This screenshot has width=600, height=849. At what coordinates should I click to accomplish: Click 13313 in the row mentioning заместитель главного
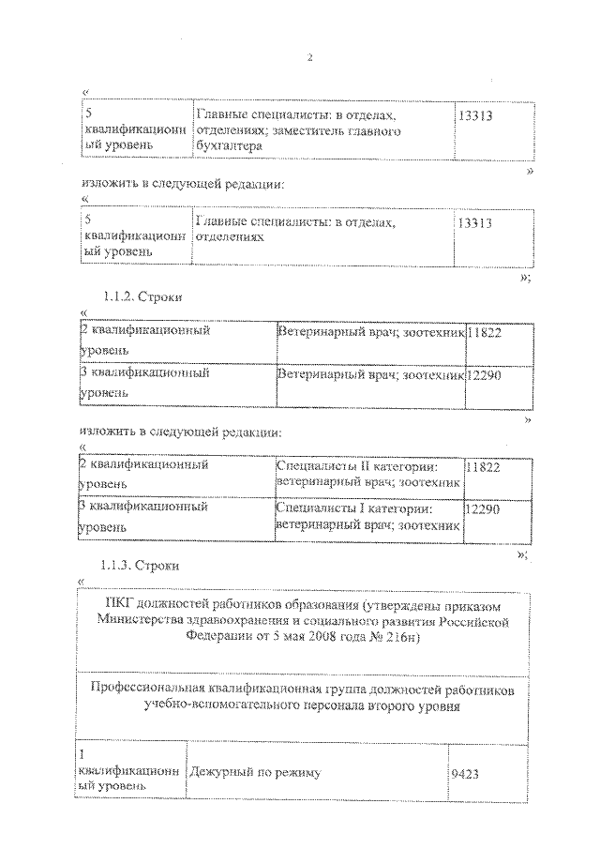[477, 115]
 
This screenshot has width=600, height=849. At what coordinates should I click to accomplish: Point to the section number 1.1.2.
[116, 296]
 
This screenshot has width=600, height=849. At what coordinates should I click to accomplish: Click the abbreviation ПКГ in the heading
[121, 603]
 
